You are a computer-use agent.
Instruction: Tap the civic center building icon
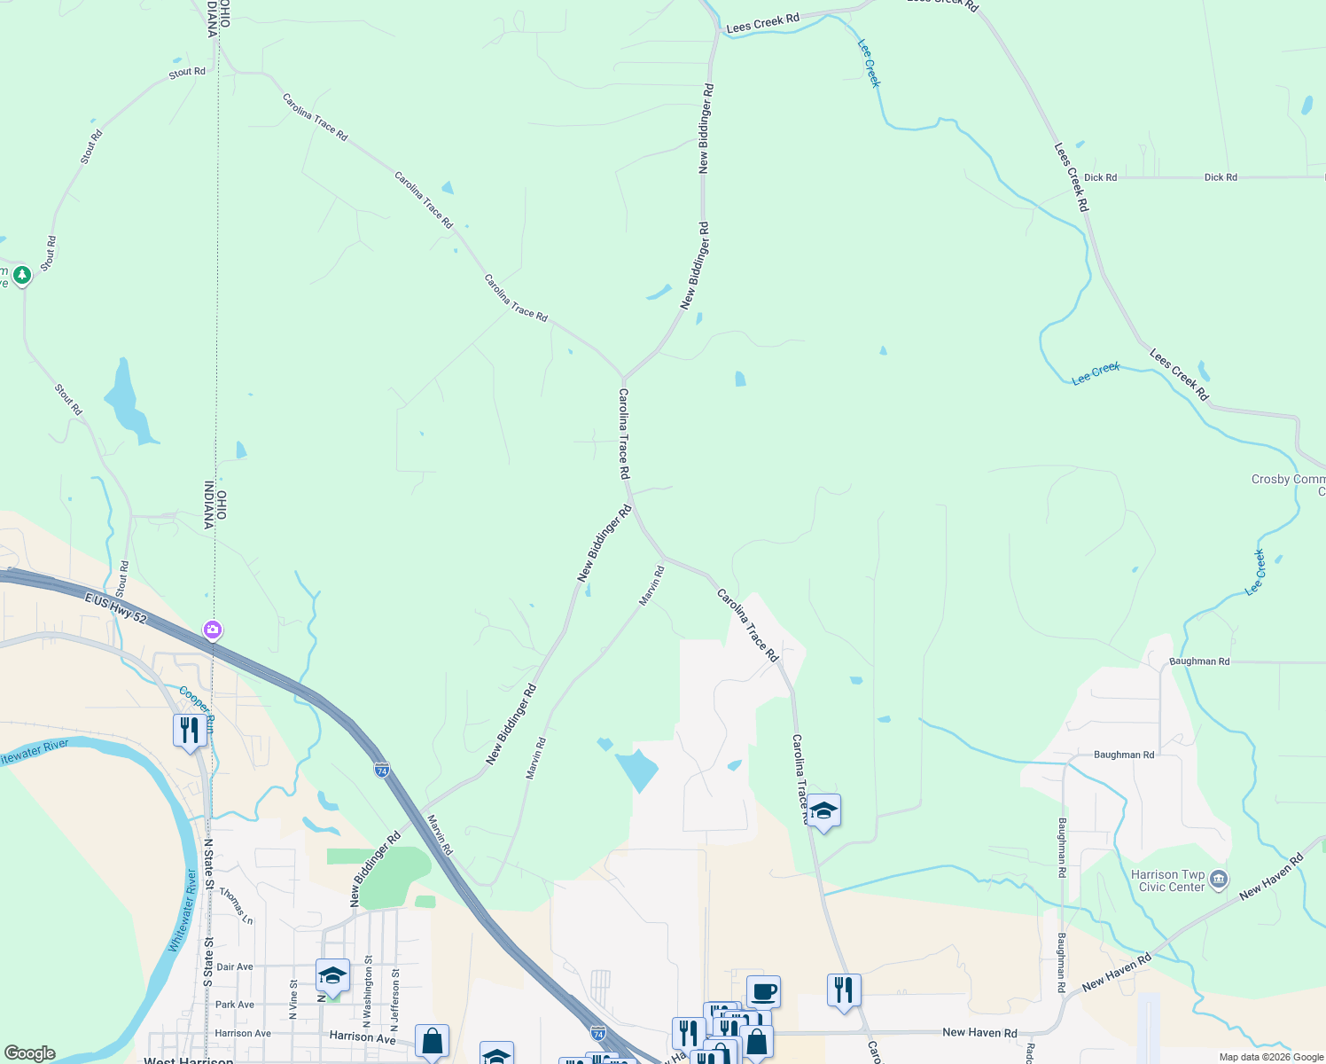pyautogui.click(x=1219, y=880)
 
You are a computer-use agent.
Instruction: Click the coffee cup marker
pyautogui.click(x=763, y=991)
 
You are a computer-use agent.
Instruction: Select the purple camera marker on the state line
pyautogui.click(x=213, y=630)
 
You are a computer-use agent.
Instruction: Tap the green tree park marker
pyautogui.click(x=22, y=275)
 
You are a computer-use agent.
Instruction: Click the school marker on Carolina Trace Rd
pyautogui.click(x=823, y=810)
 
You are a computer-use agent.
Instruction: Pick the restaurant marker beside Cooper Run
pyautogui.click(x=189, y=731)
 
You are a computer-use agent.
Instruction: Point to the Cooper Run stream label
pyautogui.click(x=196, y=700)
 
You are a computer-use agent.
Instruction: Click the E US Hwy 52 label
pyautogui.click(x=115, y=609)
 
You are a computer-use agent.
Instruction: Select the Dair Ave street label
pyautogui.click(x=235, y=967)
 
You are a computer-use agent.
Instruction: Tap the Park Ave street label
pyautogui.click(x=235, y=1005)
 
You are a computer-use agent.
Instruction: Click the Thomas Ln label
pyautogui.click(x=237, y=906)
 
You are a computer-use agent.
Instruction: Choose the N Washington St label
pyautogui.click(x=367, y=990)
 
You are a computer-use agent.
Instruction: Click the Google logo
pyautogui.click(x=30, y=1053)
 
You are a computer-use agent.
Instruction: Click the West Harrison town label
pyautogui.click(x=189, y=1060)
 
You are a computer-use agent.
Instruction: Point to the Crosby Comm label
pyautogui.click(x=1288, y=480)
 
